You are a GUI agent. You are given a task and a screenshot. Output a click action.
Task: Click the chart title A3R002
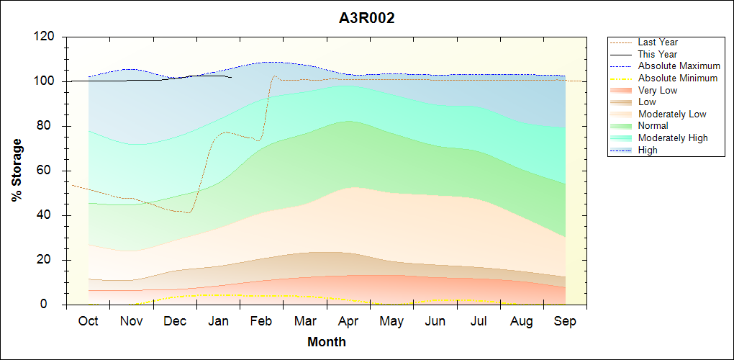point(366,19)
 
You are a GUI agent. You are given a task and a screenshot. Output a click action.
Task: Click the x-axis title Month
point(327,342)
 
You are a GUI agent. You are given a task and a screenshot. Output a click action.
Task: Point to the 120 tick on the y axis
point(46,37)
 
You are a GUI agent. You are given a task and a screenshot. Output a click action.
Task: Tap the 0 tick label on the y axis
point(53,305)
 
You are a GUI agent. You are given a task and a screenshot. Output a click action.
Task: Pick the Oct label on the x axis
point(89,321)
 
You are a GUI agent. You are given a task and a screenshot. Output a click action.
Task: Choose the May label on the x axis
point(391,321)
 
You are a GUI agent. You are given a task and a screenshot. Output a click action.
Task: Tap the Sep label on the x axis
point(565,321)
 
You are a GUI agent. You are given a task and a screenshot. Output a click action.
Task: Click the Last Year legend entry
point(658,42)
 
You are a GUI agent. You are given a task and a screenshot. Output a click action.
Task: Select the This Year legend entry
point(658,54)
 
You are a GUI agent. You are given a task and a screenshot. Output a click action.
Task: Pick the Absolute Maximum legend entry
point(679,66)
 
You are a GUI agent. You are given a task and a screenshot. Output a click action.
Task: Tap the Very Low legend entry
point(658,90)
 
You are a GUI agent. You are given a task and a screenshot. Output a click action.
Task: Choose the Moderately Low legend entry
point(672,114)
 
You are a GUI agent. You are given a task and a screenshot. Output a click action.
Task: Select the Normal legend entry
point(654,126)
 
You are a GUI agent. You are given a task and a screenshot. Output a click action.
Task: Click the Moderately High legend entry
point(673,138)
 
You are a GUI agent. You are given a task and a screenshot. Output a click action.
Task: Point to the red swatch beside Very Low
point(622,90)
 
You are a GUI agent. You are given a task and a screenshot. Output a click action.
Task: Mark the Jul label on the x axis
point(479,321)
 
